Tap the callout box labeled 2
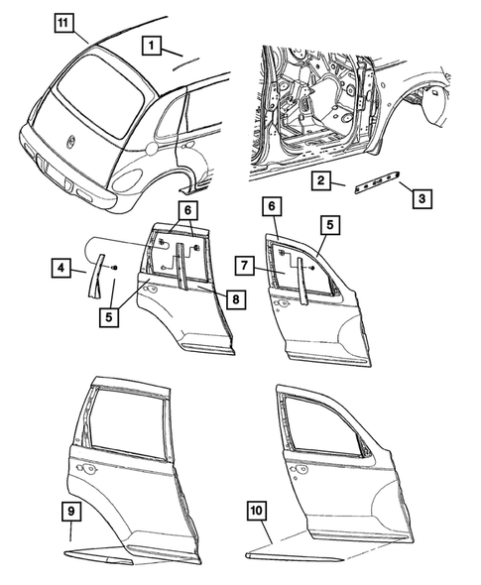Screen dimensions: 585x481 (x=319, y=180)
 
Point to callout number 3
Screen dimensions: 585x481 (x=421, y=198)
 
